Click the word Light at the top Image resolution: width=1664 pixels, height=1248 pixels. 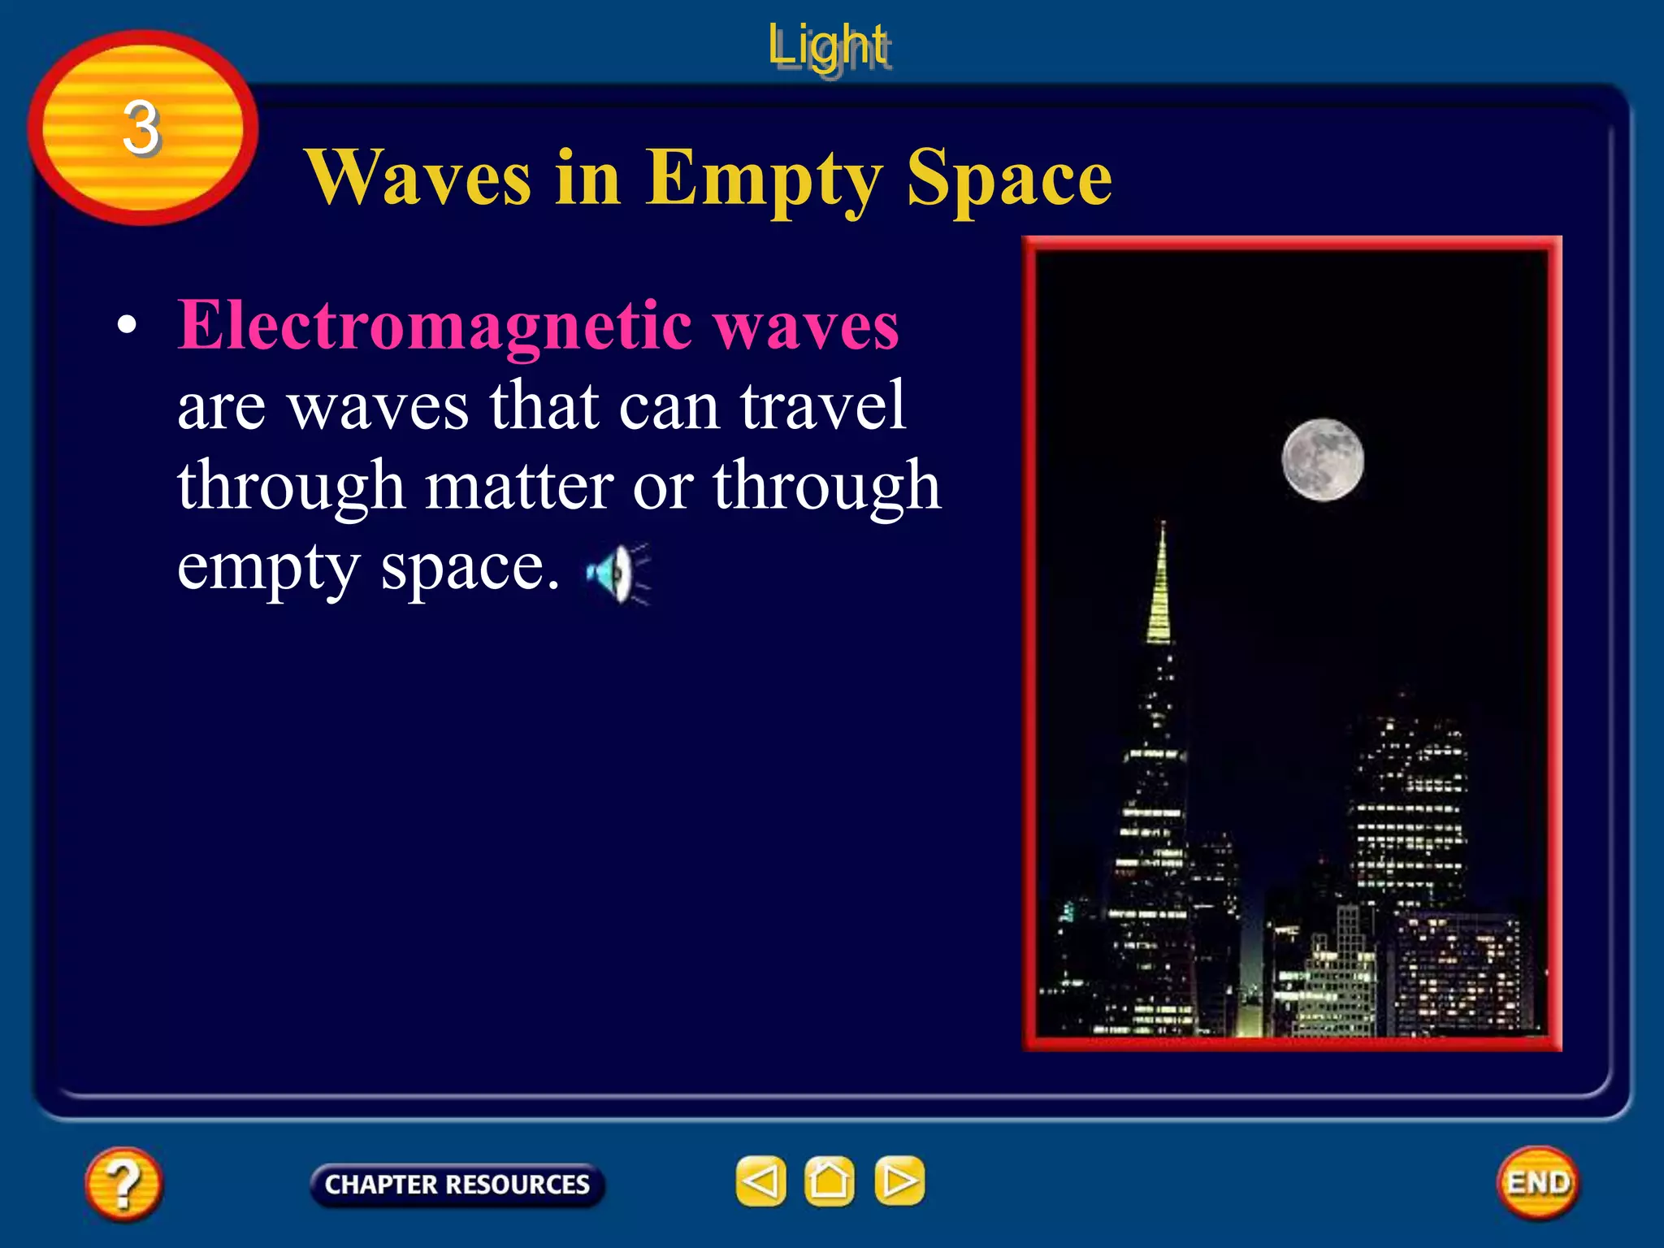pos(828,47)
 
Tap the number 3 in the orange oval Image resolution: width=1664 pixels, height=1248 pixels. pos(141,128)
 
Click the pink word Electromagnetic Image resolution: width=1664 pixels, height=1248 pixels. pos(435,325)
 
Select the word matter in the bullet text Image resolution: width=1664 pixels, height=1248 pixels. pos(519,486)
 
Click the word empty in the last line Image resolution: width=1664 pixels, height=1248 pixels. pos(268,567)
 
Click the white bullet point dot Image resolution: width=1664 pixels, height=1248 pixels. pos(127,326)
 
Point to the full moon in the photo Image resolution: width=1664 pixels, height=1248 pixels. pos(1323,460)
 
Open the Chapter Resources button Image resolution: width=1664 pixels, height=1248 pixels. pos(457,1184)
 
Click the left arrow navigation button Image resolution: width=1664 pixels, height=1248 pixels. pos(760,1181)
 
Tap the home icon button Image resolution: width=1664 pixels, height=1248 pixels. pos(829,1181)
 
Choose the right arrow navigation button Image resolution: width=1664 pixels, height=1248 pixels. pos(899,1181)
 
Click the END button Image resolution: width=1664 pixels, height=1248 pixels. pos(1537,1182)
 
